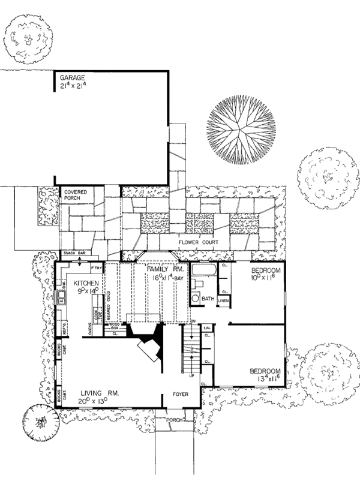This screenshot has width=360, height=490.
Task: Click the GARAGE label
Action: (x=73, y=78)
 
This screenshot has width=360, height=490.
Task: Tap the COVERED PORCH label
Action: (x=76, y=196)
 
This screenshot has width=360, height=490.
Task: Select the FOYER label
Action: (x=182, y=395)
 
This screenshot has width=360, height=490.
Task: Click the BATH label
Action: (x=208, y=298)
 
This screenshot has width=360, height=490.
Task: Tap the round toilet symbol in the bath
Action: (x=195, y=299)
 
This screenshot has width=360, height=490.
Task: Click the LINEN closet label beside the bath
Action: (x=223, y=300)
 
